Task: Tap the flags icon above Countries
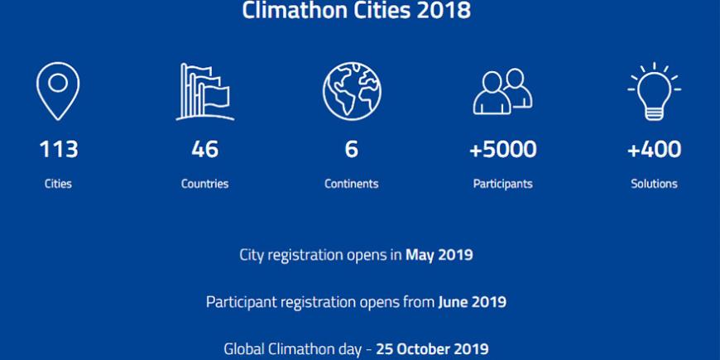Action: point(204,92)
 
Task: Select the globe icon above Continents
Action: point(352,91)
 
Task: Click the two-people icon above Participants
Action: point(503,91)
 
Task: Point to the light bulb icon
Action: point(654,91)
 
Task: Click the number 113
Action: point(58,150)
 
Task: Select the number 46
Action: point(204,150)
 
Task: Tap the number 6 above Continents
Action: point(351,150)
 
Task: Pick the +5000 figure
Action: point(503,150)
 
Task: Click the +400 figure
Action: point(655,150)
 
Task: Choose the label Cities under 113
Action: point(58,184)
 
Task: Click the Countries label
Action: point(204,184)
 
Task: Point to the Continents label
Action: point(351,184)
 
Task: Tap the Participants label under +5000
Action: point(503,184)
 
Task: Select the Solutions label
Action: point(654,184)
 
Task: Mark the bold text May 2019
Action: point(439,255)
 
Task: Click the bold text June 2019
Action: point(472,302)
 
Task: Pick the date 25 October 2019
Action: point(433,349)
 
